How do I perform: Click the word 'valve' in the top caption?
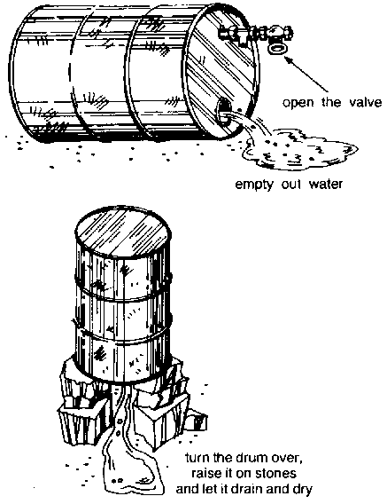click(366, 102)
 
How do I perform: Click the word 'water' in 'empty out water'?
click(326, 185)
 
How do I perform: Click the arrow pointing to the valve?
click(306, 75)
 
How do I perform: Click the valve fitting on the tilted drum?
click(255, 34)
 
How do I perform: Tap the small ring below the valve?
click(278, 49)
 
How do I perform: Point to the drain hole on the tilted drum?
click(223, 112)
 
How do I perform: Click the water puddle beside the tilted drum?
click(298, 149)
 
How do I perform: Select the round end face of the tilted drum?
click(221, 71)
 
